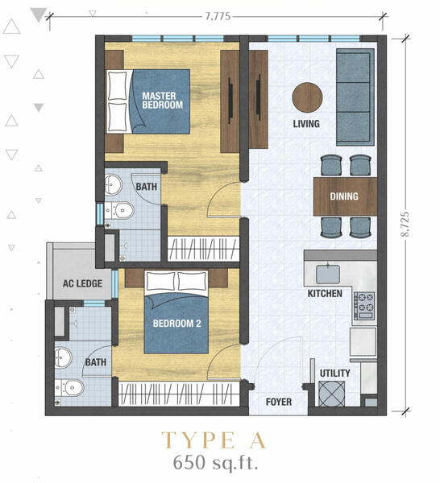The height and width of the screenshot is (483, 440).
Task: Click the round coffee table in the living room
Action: [x=307, y=97]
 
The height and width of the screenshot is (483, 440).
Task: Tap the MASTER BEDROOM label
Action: [x=163, y=100]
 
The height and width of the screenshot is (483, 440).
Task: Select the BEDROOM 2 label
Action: [x=177, y=324]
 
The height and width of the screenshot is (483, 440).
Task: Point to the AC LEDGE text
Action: [x=82, y=283]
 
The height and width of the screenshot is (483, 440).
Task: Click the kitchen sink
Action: [x=328, y=274]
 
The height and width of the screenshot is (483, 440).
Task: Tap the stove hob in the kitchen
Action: [x=364, y=306]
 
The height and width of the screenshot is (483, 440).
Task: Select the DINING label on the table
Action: [x=344, y=196]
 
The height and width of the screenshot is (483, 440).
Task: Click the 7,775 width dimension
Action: [x=218, y=16]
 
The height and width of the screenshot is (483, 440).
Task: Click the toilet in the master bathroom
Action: [x=119, y=210]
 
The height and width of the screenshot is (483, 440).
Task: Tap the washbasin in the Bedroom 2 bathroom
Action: [x=63, y=357]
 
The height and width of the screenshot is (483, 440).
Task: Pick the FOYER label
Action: [x=279, y=402]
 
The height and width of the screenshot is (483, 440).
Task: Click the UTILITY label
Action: [x=335, y=373]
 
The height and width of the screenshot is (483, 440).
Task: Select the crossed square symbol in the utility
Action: [x=331, y=394]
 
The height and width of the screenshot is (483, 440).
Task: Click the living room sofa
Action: [x=355, y=97]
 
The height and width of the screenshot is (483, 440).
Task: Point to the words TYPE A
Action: [x=214, y=440]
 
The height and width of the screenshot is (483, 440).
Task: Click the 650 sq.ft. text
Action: [x=215, y=463]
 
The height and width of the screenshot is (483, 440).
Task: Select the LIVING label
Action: [x=306, y=124]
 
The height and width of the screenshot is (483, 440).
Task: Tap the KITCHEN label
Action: [x=325, y=294]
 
